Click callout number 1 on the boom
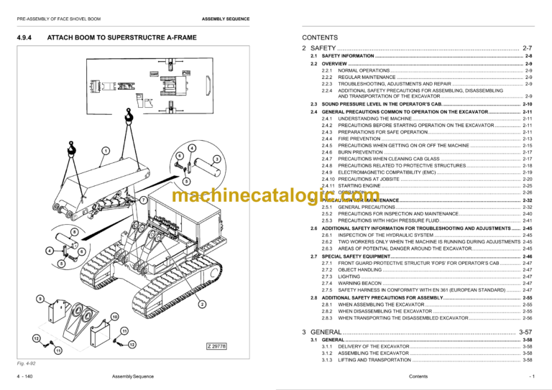coord(106,150)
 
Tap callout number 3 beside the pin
coord(216,158)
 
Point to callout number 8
coord(74,232)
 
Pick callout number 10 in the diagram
coord(114,317)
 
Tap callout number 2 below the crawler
coord(202,305)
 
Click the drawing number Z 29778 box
coord(216,345)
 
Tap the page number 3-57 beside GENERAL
coord(525,332)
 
